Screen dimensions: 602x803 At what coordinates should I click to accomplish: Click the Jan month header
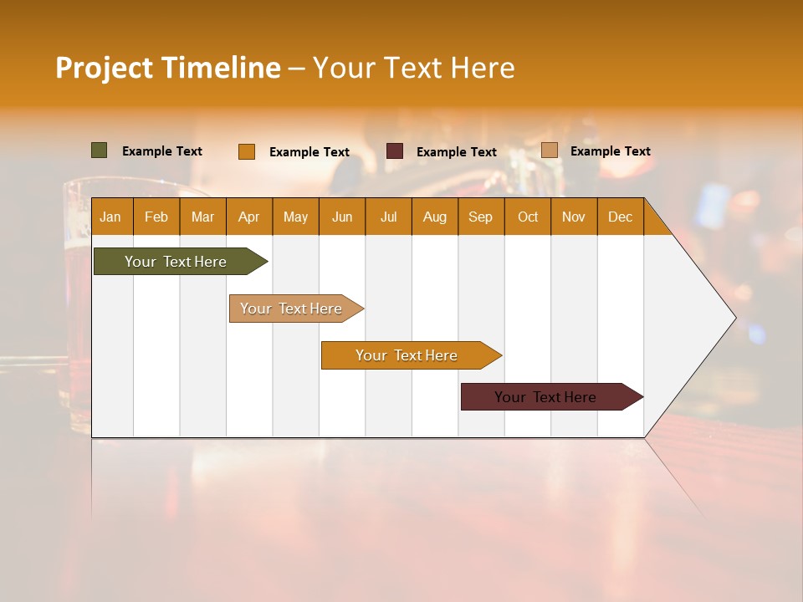pyautogui.click(x=111, y=217)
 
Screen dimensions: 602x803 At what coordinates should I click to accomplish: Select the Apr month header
pyautogui.click(x=249, y=217)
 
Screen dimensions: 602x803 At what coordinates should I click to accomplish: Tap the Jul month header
pyautogui.click(x=388, y=217)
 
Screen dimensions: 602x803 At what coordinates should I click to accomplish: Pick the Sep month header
pyautogui.click(x=481, y=217)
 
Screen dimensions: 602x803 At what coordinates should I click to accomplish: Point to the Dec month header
pyautogui.click(x=620, y=217)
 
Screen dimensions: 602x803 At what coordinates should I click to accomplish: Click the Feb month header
pyautogui.click(x=156, y=217)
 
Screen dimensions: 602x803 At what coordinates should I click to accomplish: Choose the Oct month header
pyautogui.click(x=528, y=217)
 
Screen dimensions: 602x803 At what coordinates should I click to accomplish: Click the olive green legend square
pyautogui.click(x=100, y=150)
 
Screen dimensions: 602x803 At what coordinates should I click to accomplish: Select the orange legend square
pyautogui.click(x=247, y=151)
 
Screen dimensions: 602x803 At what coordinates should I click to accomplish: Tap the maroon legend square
pyautogui.click(x=395, y=151)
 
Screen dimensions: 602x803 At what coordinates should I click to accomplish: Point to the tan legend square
pyautogui.click(x=550, y=150)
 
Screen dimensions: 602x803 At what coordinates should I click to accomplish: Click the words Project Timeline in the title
pyautogui.click(x=168, y=68)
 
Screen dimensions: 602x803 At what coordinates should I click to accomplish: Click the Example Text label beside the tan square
pyautogui.click(x=610, y=151)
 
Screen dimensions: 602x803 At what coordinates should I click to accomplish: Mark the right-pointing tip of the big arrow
pyautogui.click(x=734, y=318)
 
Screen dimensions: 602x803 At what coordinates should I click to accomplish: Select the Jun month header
pyautogui.click(x=342, y=217)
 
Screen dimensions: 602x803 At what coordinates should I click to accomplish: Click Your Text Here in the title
pyautogui.click(x=413, y=68)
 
